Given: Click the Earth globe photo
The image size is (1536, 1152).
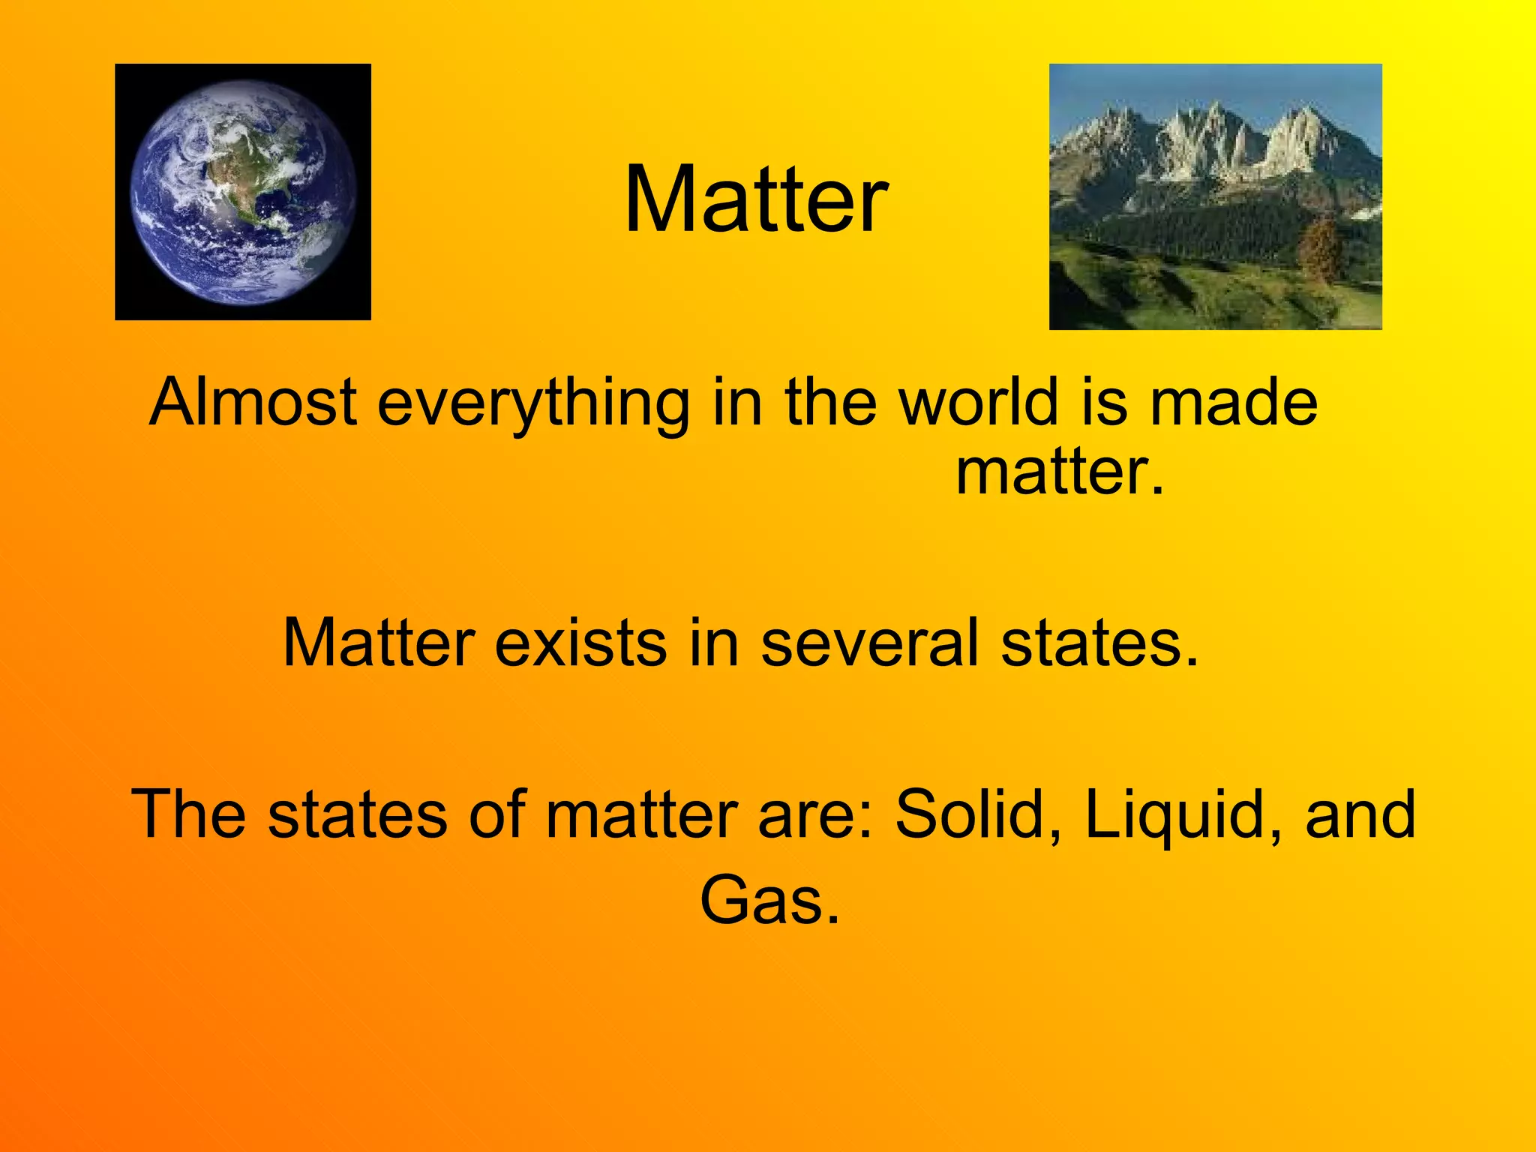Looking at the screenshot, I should pyautogui.click(x=243, y=192).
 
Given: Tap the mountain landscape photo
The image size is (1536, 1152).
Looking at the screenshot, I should pyautogui.click(x=1215, y=196).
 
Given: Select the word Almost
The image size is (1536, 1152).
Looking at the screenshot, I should pyautogui.click(x=253, y=403).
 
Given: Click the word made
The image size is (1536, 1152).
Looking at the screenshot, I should pyautogui.click(x=1233, y=403).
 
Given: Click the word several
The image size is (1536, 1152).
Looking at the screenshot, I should pyautogui.click(x=869, y=643).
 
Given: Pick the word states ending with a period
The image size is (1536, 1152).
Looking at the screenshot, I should pyautogui.click(x=1099, y=643).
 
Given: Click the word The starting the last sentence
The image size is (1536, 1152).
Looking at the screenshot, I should pyautogui.click(x=188, y=814).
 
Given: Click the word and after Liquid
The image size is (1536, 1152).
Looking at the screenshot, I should pyautogui.click(x=1360, y=814).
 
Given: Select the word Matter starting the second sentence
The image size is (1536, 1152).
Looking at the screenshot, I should pyautogui.click(x=379, y=643).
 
